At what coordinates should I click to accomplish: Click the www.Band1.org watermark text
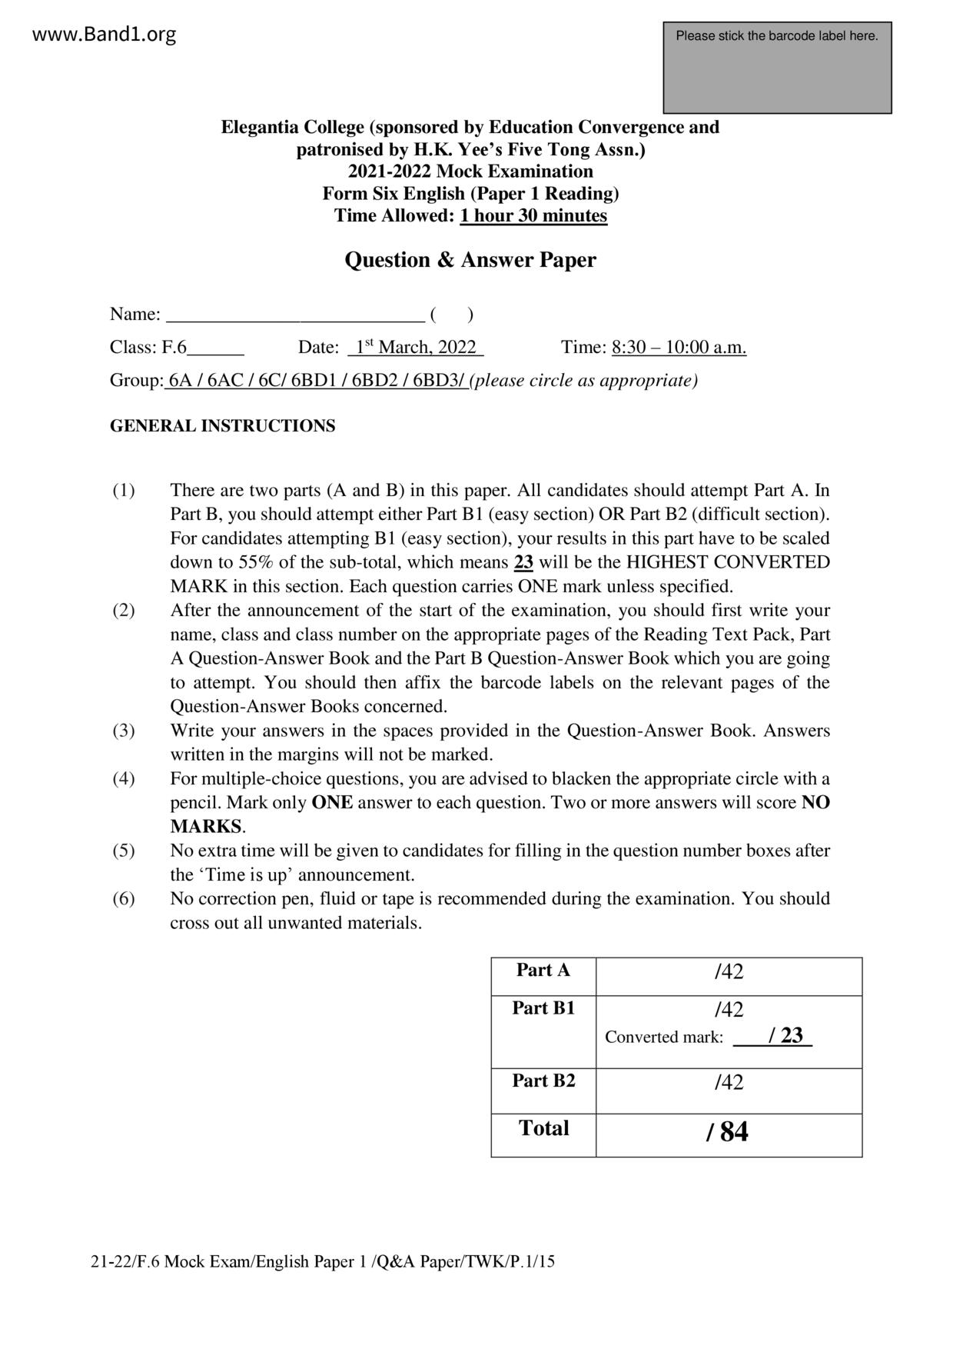click(105, 35)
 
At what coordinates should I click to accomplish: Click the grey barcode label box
click(777, 68)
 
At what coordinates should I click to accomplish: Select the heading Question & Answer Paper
click(470, 260)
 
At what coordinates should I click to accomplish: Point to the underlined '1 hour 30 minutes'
click(533, 215)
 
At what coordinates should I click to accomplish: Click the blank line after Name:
click(295, 315)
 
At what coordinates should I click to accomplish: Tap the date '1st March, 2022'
click(416, 347)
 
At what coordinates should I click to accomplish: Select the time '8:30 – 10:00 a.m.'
click(679, 347)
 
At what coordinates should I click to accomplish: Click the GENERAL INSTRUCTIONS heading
click(222, 426)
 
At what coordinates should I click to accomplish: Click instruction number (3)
click(124, 730)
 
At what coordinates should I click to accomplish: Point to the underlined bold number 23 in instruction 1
click(523, 562)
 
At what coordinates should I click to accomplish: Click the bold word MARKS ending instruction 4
click(206, 827)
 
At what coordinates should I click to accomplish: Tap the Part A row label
click(543, 970)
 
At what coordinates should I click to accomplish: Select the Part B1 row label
click(543, 1008)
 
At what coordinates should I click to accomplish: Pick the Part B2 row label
click(543, 1081)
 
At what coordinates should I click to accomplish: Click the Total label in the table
click(543, 1128)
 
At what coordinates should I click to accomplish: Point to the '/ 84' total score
click(726, 1131)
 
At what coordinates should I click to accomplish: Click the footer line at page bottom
click(323, 1262)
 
